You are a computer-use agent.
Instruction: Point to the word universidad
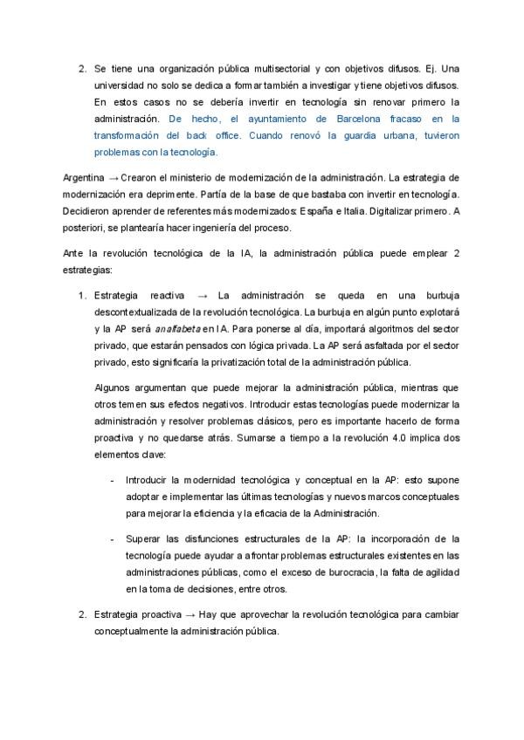point(121,85)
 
